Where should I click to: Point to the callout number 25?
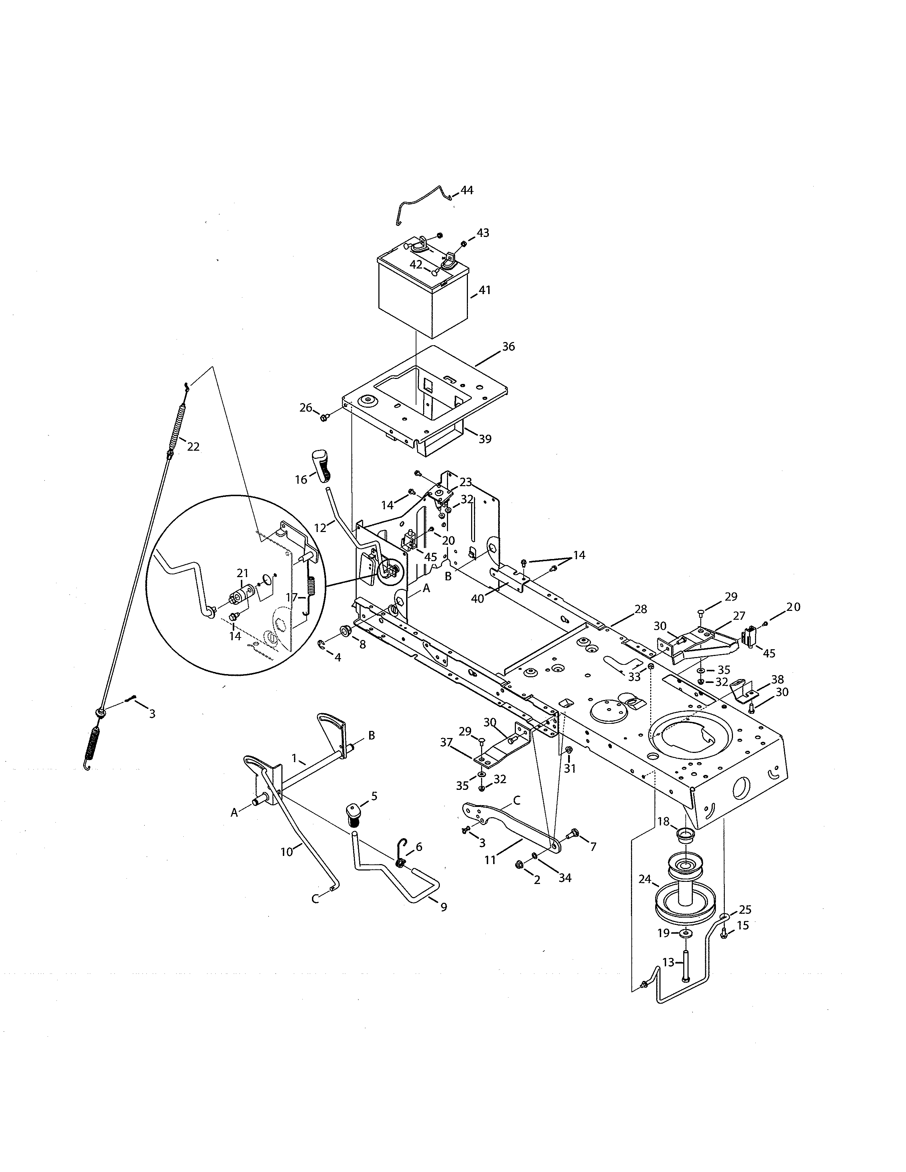[x=745, y=910]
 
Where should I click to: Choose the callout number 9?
[x=443, y=907]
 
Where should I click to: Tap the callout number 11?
[x=490, y=860]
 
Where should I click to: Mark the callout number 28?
[x=640, y=609]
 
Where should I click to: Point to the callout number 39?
[x=485, y=439]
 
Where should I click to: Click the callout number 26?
[x=306, y=408]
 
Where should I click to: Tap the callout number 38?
[x=777, y=679]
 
